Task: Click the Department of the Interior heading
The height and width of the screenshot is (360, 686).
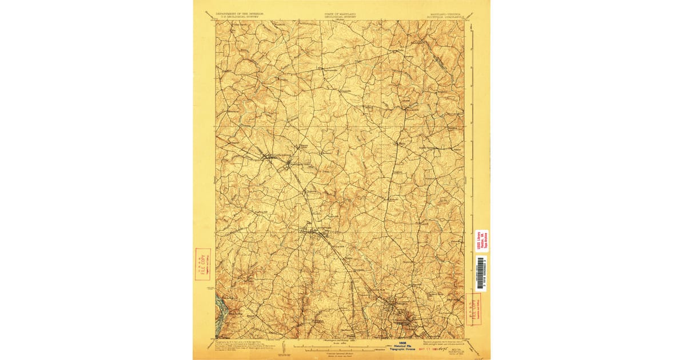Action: (238, 14)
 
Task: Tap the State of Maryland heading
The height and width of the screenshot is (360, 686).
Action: (340, 14)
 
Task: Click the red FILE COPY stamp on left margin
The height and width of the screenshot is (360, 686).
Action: (202, 264)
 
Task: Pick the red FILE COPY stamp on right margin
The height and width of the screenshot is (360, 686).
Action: (473, 309)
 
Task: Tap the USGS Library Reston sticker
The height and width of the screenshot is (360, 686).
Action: (481, 241)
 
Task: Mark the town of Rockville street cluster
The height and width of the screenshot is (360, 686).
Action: (314, 232)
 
